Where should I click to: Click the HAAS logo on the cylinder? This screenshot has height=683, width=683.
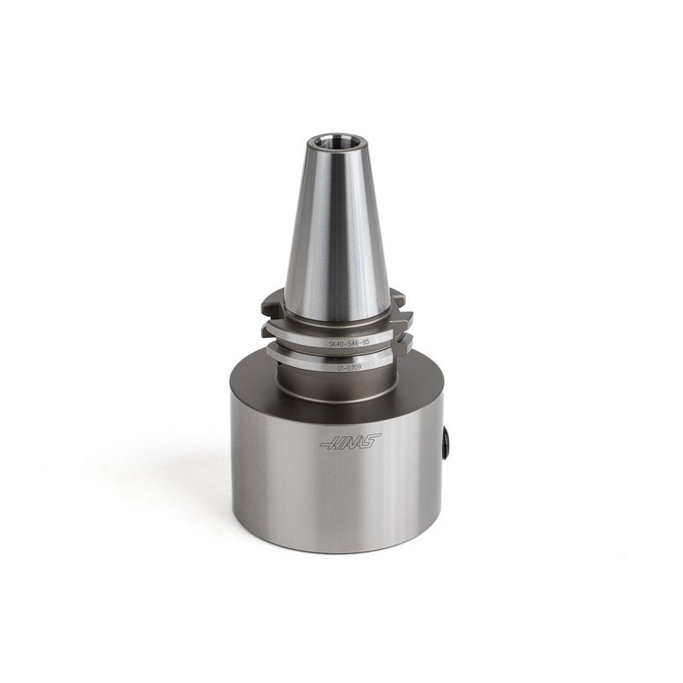click(350, 442)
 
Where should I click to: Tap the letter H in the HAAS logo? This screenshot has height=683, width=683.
click(336, 443)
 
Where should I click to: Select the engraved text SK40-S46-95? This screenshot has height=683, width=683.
click(349, 341)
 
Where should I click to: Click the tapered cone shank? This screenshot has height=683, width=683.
click(336, 231)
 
